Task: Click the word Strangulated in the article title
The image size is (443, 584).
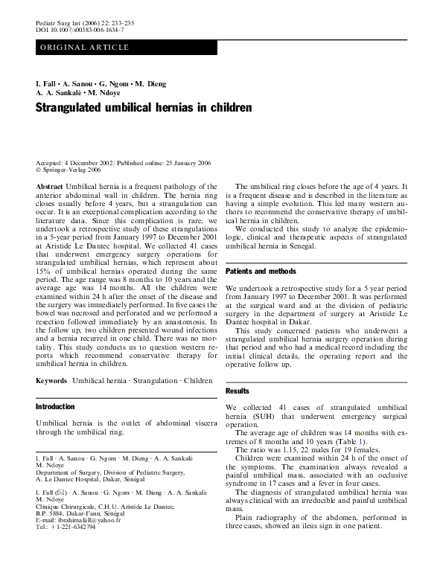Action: tap(70, 108)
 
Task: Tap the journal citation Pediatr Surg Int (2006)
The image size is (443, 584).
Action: tap(70, 22)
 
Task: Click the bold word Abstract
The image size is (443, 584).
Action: tap(49, 187)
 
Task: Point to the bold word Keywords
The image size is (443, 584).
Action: tap(52, 380)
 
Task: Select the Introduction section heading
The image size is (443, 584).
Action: tap(55, 407)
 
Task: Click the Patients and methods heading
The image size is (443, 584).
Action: tap(261, 272)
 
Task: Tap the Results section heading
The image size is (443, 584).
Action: tap(238, 391)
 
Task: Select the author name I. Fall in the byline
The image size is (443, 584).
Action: tap(48, 84)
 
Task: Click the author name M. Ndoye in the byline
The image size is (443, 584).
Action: tap(107, 94)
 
